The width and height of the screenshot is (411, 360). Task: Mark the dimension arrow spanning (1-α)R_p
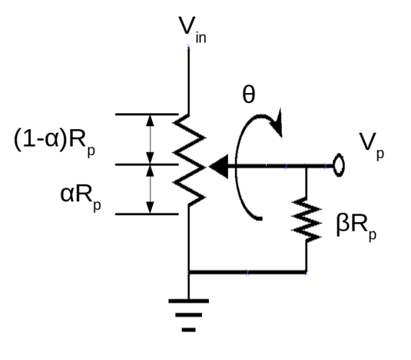coord(151,139)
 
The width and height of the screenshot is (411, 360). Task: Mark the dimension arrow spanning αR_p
coord(151,189)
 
